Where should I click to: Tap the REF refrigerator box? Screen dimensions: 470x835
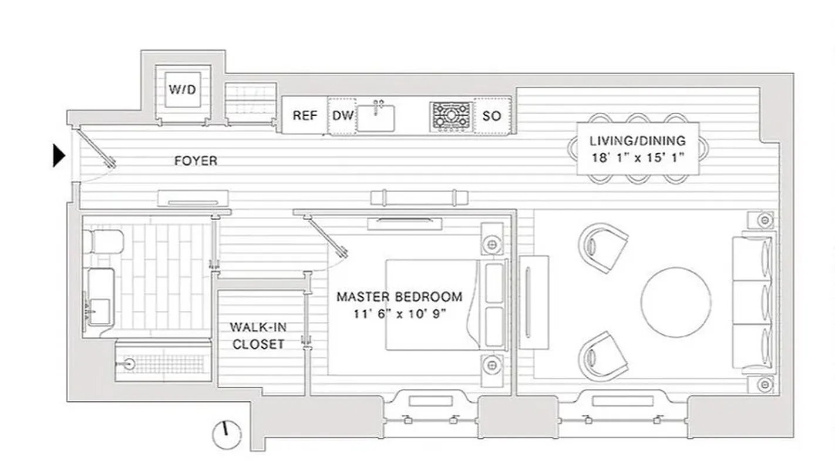(x=305, y=116)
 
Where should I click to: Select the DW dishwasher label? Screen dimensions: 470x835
(x=343, y=116)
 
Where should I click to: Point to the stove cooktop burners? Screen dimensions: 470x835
(x=451, y=115)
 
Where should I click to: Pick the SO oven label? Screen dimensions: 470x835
(x=491, y=116)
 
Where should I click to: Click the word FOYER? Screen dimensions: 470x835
(x=196, y=160)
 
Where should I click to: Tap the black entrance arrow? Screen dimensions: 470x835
(x=59, y=156)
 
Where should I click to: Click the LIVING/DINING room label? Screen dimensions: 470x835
(x=638, y=141)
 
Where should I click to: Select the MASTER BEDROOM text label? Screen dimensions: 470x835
(x=399, y=297)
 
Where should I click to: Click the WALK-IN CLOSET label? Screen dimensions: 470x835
(x=258, y=335)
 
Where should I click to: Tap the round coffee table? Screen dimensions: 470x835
(x=676, y=302)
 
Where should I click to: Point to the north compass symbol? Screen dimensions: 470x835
(x=226, y=435)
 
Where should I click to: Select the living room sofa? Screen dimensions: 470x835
(x=754, y=303)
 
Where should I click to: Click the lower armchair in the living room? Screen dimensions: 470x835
(x=603, y=356)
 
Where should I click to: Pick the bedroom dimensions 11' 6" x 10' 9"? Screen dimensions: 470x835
(x=400, y=314)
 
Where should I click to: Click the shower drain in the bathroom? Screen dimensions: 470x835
(x=129, y=365)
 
